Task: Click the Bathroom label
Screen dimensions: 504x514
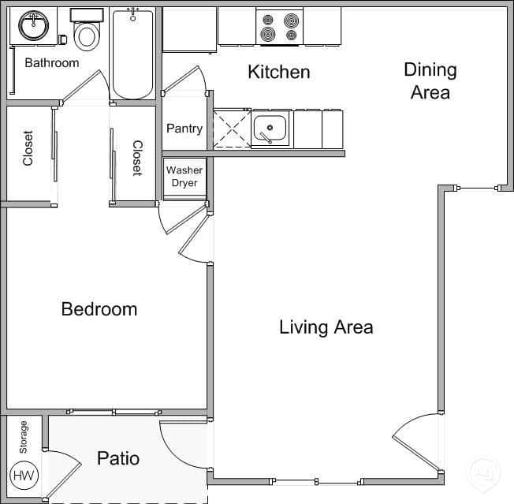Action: coord(52,62)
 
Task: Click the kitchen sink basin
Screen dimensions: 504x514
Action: coord(271,129)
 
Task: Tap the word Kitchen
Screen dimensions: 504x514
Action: coord(278,73)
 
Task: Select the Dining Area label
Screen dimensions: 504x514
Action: coord(430,80)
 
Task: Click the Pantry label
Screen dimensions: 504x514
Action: coord(184,129)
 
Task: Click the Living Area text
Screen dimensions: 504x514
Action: coord(326,327)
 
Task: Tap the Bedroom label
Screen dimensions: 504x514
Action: coord(99,309)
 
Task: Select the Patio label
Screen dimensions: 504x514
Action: coord(118,458)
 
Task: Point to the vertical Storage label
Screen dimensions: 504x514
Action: coord(23,437)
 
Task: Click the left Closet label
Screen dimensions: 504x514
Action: coord(28,147)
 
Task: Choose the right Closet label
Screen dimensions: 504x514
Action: coord(136,158)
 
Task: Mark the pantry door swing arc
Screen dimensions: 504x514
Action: coord(187,79)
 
